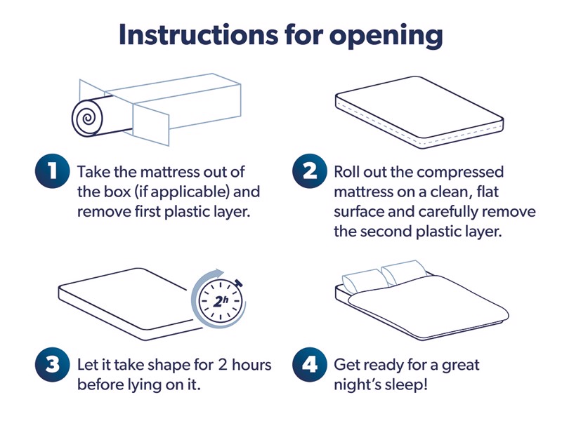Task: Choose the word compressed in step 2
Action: pyautogui.click(x=465, y=172)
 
